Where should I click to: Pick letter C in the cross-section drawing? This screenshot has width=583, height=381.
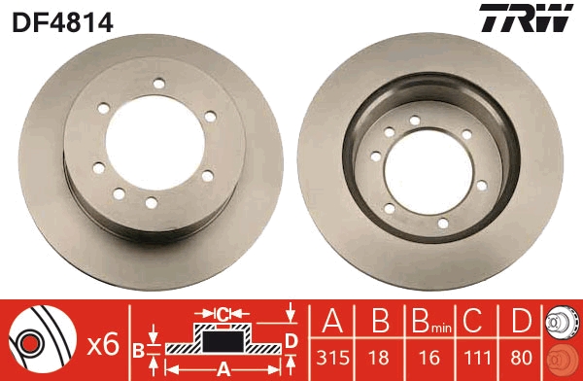(x=223, y=313)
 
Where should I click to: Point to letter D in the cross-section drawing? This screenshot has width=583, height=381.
(x=290, y=339)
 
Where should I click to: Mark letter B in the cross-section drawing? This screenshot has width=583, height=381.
(x=138, y=348)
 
